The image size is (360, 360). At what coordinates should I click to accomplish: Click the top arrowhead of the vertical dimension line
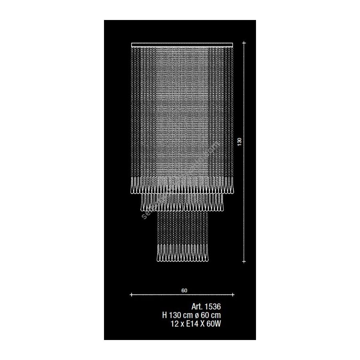(x=245, y=42)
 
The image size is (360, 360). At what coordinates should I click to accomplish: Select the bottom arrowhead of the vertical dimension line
(x=245, y=261)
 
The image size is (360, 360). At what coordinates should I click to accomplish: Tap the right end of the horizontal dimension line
(x=234, y=295)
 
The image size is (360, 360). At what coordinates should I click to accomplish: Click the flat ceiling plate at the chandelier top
(x=182, y=44)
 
